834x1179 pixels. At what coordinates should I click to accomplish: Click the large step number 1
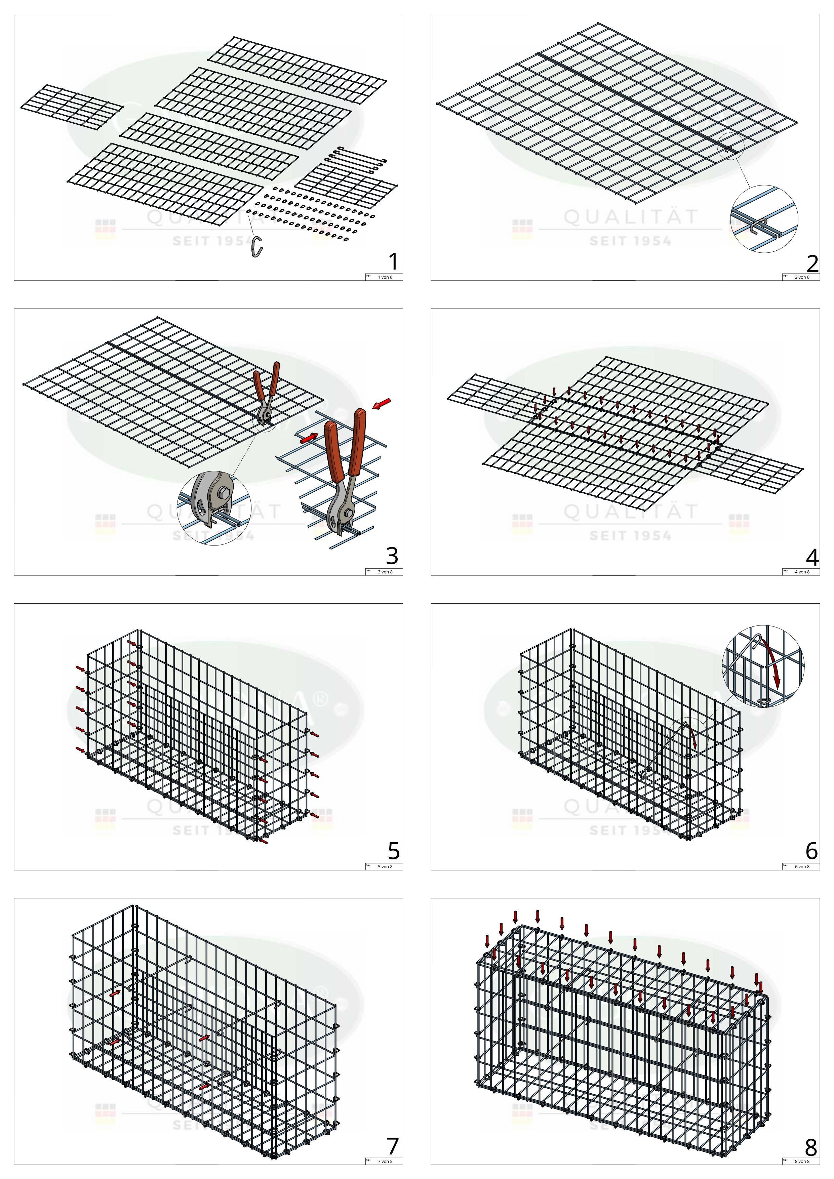[x=393, y=262]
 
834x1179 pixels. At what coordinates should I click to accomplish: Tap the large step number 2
[x=812, y=263]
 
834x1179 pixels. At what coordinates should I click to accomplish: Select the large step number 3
[x=392, y=556]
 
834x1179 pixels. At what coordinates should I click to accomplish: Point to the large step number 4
[x=812, y=557]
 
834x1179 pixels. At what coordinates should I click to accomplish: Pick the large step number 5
[x=393, y=851]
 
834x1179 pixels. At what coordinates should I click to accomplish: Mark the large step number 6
[x=811, y=851]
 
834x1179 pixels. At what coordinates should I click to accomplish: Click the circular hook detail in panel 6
[x=763, y=666]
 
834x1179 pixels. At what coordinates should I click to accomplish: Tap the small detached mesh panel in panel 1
[x=72, y=107]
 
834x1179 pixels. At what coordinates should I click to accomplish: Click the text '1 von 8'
[x=385, y=277]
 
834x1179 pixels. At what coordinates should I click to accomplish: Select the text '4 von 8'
[x=802, y=572]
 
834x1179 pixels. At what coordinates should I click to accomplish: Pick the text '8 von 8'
[x=802, y=1162]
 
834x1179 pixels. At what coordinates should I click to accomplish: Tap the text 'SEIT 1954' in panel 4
[x=631, y=536]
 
